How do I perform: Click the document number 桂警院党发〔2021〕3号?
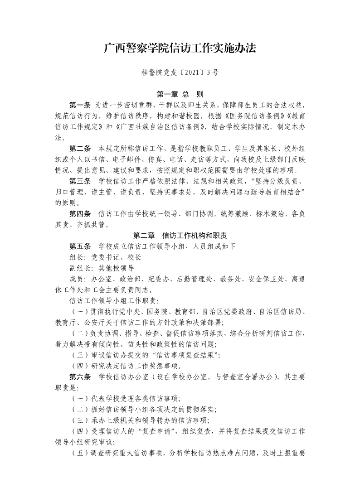click(180, 72)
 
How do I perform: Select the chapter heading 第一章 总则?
click(180, 95)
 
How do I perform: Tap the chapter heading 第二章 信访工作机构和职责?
click(180, 236)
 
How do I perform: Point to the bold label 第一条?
click(80, 105)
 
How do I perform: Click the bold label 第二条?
click(80, 149)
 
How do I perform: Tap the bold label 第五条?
click(80, 246)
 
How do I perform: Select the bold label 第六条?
click(80, 377)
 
